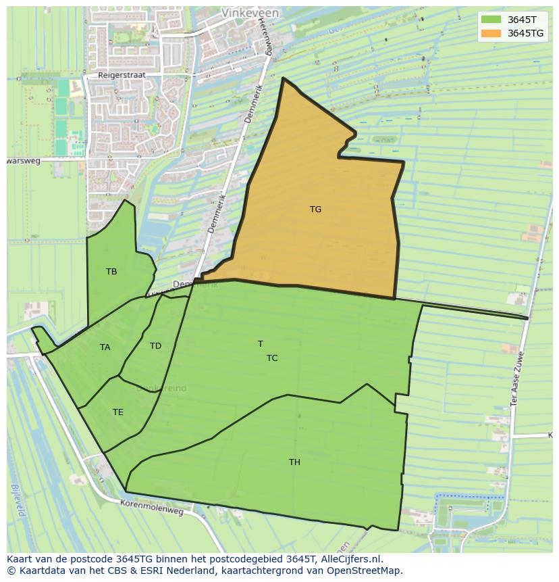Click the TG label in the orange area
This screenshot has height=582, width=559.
pos(315,210)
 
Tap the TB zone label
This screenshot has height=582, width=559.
pos(111,272)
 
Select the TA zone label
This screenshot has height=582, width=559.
pos(105,347)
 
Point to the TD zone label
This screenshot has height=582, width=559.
pos(155,346)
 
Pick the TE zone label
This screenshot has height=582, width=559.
pos(117,412)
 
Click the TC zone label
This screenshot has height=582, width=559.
pos(271,358)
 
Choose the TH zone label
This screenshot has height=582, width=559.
pos(294,462)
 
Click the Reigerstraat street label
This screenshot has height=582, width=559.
pos(122,76)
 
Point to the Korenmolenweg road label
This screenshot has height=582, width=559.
pos(152,507)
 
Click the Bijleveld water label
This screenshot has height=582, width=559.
pos(18,500)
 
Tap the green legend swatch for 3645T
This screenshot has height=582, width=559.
pos(491,20)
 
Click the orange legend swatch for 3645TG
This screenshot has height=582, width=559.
pos(491,33)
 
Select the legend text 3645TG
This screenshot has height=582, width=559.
pos(525,33)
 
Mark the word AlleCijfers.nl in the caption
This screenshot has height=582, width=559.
pos(351,559)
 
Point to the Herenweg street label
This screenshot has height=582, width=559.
pos(264,37)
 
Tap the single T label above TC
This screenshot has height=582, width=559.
pos(260,344)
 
